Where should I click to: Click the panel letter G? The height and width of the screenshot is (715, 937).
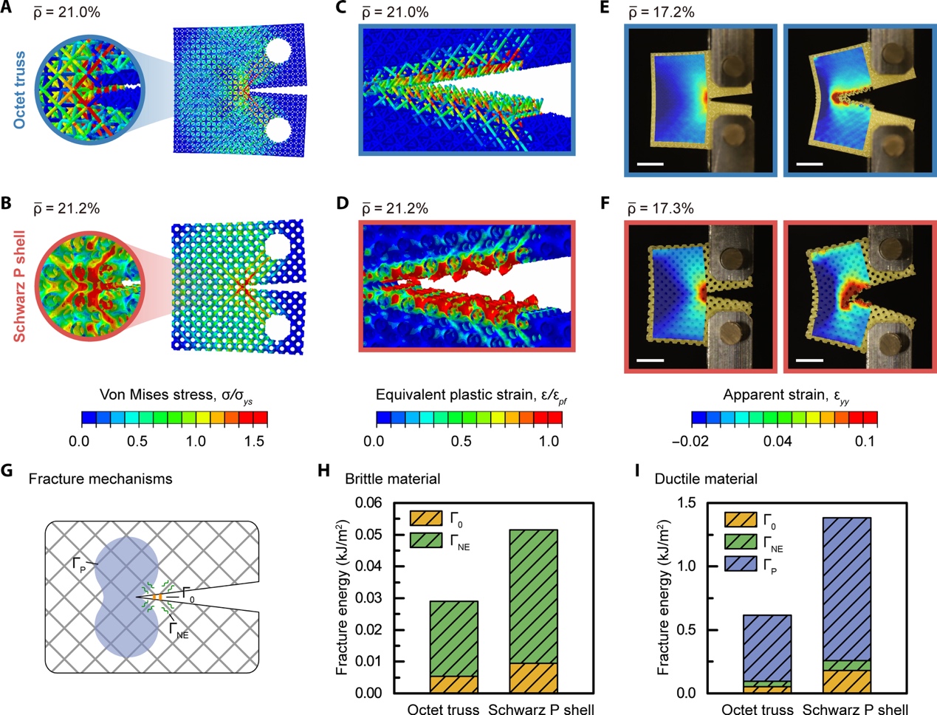point(8,471)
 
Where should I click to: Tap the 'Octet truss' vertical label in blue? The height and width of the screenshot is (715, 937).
point(19,89)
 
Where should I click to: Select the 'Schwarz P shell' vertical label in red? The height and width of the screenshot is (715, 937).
point(19,288)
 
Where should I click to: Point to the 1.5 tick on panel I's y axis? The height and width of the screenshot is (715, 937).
point(687,502)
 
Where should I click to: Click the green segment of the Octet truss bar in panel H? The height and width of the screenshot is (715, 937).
point(453,638)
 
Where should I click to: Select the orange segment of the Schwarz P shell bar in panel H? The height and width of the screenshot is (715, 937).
point(533,677)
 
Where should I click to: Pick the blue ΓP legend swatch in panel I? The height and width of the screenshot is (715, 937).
point(741,567)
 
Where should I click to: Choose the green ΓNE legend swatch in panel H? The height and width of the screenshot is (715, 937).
point(425,540)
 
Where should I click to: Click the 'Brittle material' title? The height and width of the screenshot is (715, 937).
point(392,479)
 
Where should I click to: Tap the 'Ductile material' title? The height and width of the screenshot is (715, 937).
point(706,479)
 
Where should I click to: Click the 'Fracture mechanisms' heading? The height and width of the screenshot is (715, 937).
point(100,479)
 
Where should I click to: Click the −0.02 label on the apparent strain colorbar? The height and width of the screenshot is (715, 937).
point(690,442)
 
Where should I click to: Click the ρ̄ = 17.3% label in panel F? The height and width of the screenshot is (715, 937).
point(661,208)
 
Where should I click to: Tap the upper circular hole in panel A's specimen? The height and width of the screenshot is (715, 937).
point(278,51)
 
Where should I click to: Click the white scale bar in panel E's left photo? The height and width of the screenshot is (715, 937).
point(650,162)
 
